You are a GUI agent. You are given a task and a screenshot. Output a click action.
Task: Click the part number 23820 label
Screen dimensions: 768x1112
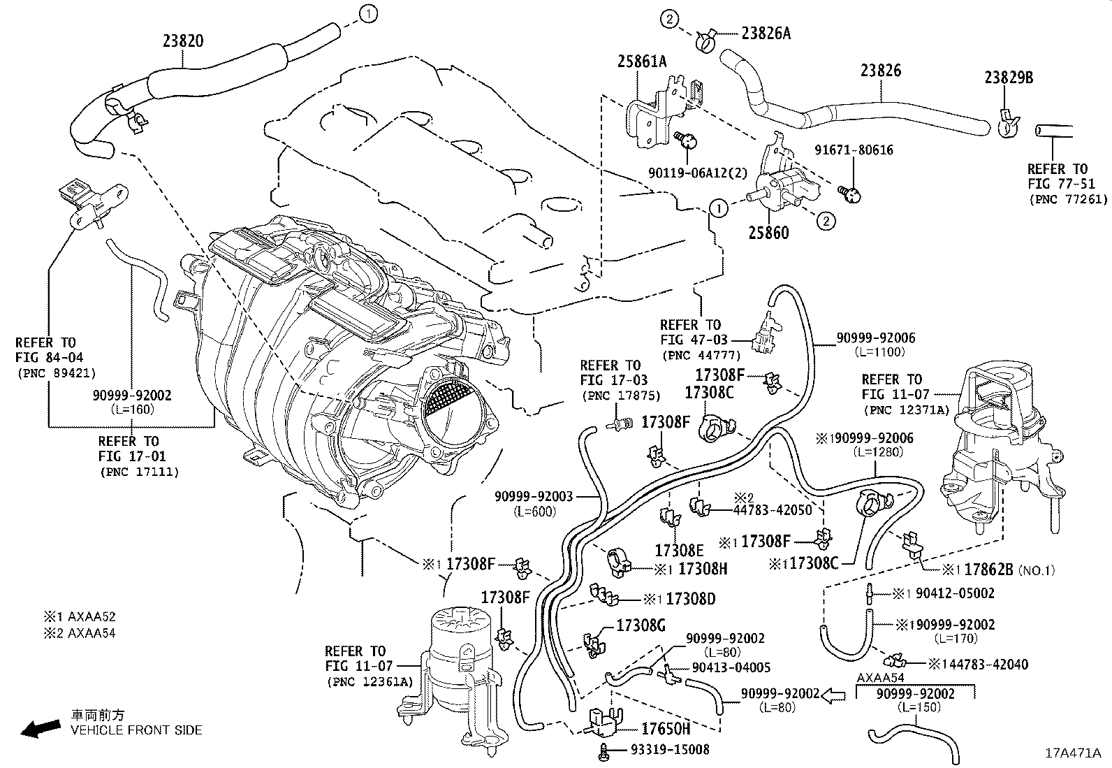[183, 41]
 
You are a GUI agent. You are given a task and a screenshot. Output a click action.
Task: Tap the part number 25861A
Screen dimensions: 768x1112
[641, 61]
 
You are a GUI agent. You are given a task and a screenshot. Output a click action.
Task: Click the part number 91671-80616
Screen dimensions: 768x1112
[854, 150]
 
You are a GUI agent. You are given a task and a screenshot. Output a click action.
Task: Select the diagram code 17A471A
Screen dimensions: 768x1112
[1073, 753]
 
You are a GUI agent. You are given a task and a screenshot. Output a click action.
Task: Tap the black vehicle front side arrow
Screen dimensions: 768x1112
[41, 729]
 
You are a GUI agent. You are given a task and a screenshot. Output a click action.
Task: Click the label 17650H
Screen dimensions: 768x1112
[665, 729]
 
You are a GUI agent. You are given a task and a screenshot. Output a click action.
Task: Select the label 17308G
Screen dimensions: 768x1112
[641, 625]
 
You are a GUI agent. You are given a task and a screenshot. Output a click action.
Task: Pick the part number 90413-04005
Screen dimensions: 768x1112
[731, 667]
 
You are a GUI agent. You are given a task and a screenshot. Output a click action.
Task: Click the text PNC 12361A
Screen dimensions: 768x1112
[370, 681]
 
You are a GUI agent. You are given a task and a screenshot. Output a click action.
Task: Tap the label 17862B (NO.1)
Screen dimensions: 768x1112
[999, 570]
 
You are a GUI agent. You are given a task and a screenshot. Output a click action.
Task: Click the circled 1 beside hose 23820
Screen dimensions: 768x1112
[368, 13]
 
